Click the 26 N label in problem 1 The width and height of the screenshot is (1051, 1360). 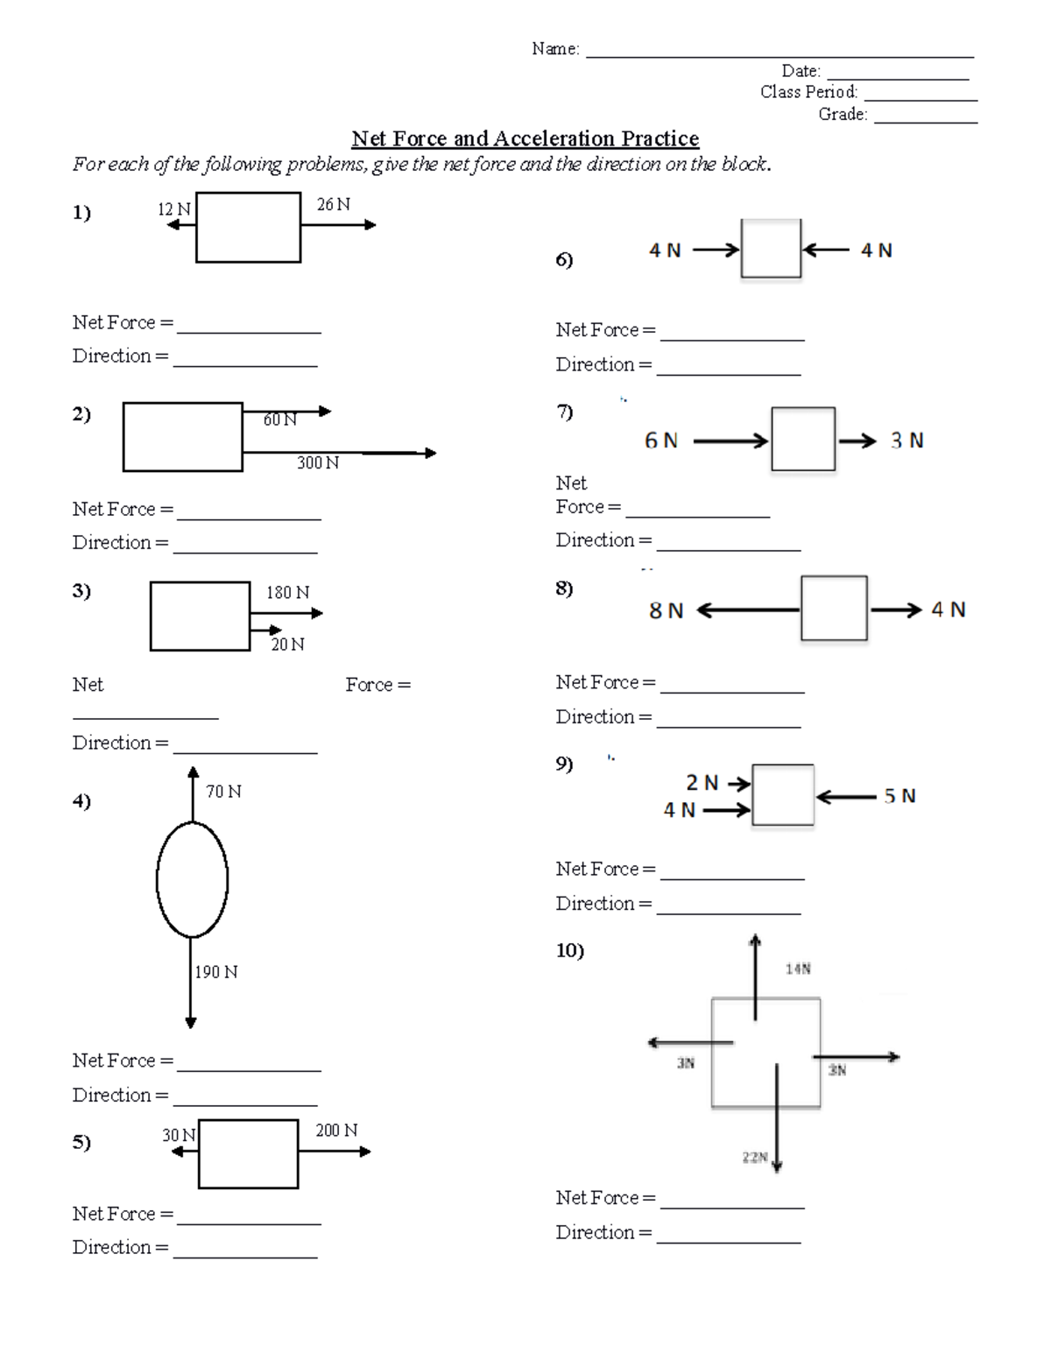click(x=333, y=205)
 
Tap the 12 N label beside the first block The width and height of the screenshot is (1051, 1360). click(x=173, y=209)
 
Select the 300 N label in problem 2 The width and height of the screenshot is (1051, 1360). click(x=317, y=462)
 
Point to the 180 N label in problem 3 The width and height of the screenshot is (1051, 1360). click(x=287, y=593)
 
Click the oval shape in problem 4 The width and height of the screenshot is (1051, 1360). click(x=192, y=879)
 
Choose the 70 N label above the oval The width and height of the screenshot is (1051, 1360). click(x=223, y=792)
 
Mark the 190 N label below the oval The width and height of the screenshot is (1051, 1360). click(x=216, y=972)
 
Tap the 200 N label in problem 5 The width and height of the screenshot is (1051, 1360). click(x=336, y=1131)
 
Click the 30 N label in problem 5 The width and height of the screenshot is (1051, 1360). click(x=179, y=1135)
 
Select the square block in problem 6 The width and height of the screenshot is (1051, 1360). click(x=771, y=249)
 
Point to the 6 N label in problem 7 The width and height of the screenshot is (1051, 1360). click(x=661, y=440)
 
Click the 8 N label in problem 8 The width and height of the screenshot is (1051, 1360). click(x=666, y=610)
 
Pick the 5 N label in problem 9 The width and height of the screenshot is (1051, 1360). click(x=899, y=796)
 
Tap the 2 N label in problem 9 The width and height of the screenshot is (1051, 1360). click(x=702, y=782)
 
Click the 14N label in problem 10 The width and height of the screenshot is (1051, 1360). click(x=798, y=969)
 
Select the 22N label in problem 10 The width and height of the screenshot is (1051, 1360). click(x=755, y=1157)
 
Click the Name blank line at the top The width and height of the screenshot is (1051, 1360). click(x=779, y=54)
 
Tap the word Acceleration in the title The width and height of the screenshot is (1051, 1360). click(x=554, y=138)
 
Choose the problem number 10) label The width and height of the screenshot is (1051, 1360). click(x=569, y=950)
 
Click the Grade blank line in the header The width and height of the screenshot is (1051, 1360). click(x=926, y=120)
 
